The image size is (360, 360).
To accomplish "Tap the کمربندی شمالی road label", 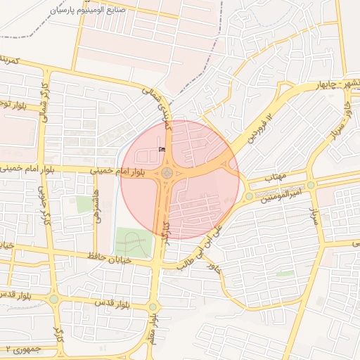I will point(157,105).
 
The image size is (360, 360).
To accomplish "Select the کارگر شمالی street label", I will point(45,105).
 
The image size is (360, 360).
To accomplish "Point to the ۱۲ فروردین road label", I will point(259,123).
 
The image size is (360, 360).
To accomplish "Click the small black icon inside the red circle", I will point(162,150).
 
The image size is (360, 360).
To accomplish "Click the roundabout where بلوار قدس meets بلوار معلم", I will point(153,307).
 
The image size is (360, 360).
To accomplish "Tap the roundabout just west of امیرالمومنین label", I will point(249,196).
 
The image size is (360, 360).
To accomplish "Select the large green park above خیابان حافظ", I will point(133,242).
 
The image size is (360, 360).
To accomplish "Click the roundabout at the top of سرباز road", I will point(311,184).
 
